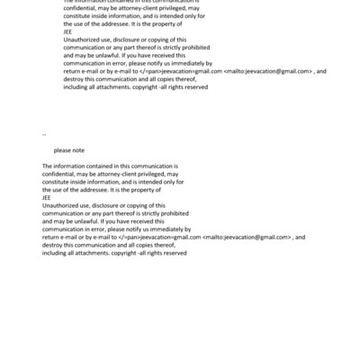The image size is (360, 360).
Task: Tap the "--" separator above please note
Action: click(44, 134)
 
